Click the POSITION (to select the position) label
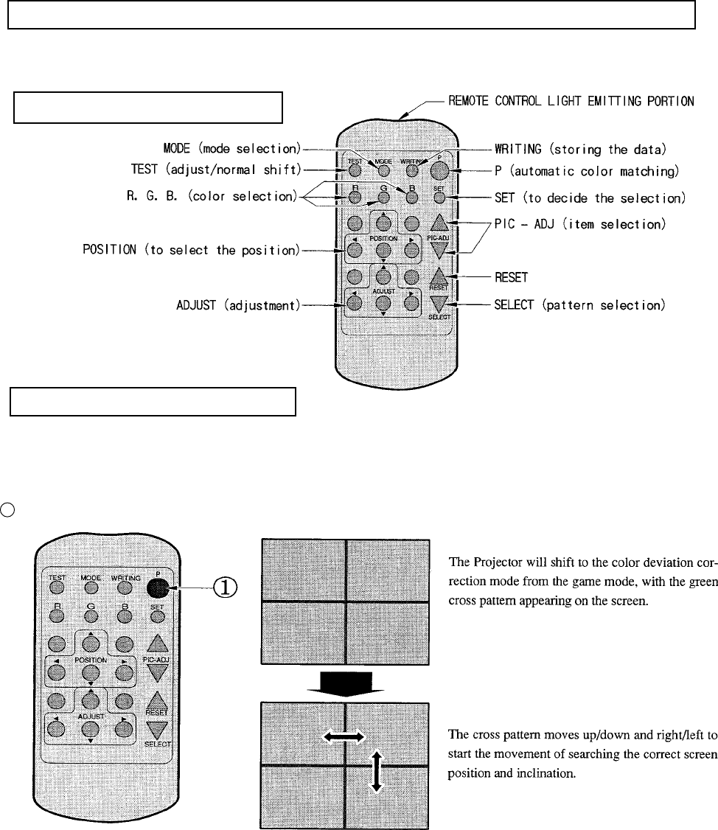point(190,250)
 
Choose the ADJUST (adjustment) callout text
point(233,305)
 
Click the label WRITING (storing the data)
point(581,150)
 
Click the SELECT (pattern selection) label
point(581,305)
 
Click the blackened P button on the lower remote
point(157,587)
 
